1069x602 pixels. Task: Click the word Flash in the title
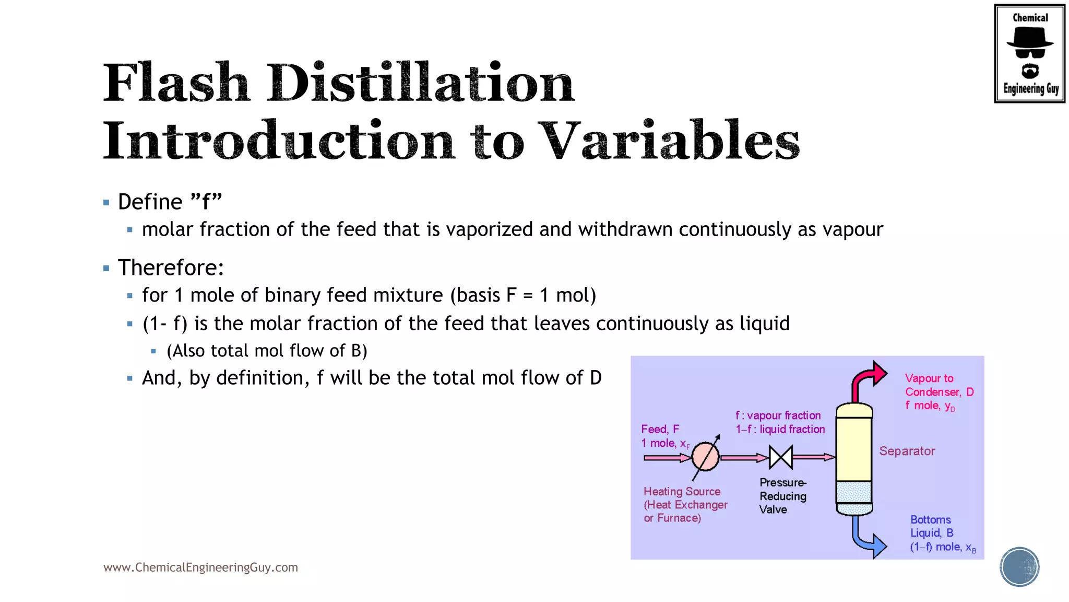click(x=175, y=84)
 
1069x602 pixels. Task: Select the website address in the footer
click(x=200, y=568)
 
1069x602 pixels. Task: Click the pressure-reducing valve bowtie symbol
click(x=781, y=457)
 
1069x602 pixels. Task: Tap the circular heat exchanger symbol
click(x=706, y=457)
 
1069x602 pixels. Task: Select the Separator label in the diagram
click(x=907, y=451)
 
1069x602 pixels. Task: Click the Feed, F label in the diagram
click(x=660, y=430)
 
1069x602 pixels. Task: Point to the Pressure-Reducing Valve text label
click(x=782, y=496)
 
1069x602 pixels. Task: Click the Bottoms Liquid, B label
click(x=931, y=527)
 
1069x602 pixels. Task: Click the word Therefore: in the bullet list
click(x=171, y=268)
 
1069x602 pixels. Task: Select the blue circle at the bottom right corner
click(x=1019, y=567)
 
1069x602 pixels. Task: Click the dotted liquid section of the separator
click(x=854, y=492)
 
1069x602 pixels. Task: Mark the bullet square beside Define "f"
click(x=106, y=203)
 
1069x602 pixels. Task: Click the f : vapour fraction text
click(x=778, y=416)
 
